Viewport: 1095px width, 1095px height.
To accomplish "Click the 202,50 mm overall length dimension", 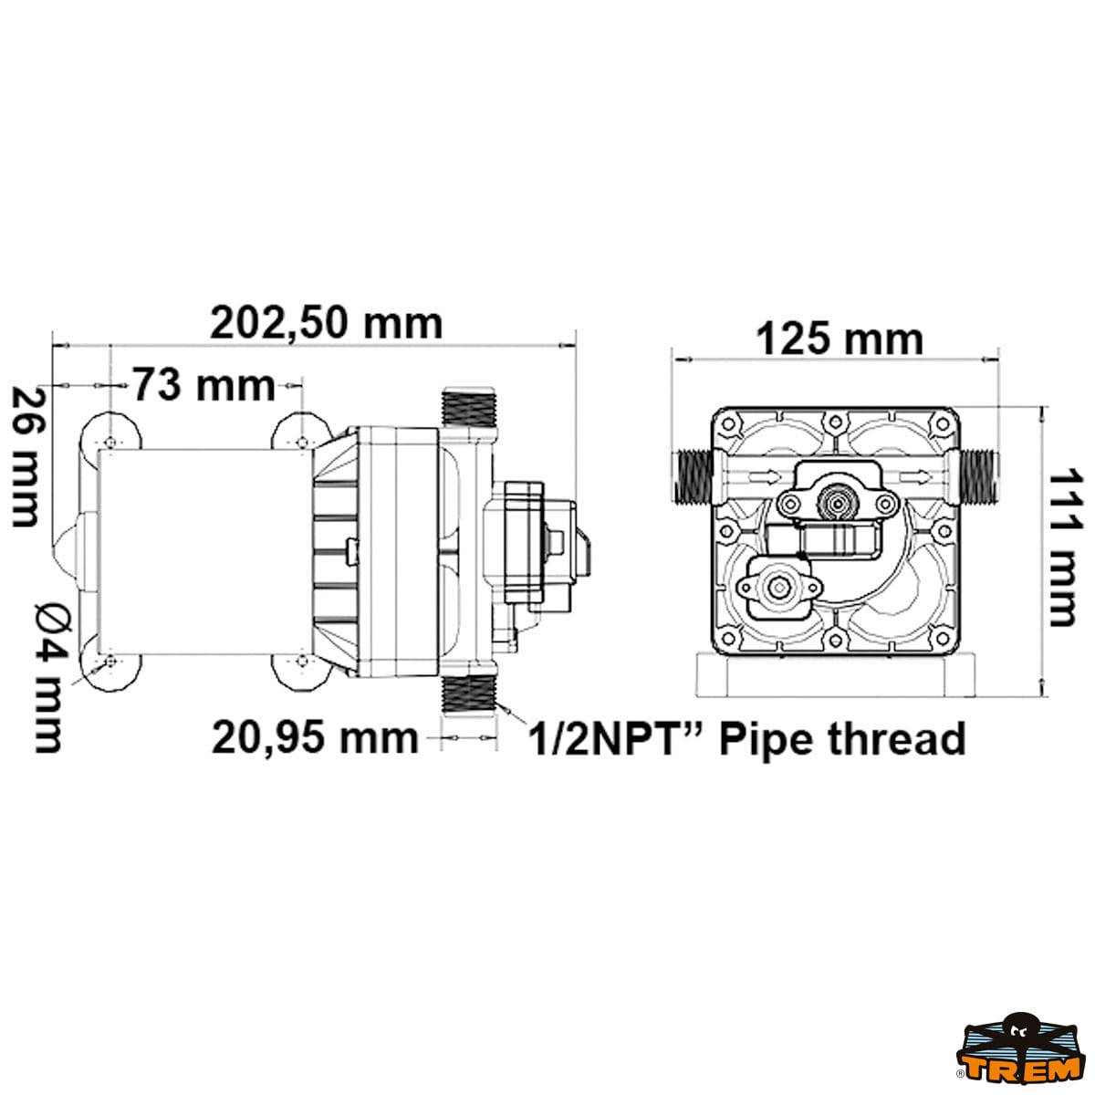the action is pos(326,325).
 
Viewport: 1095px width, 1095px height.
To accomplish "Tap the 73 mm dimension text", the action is pos(204,385).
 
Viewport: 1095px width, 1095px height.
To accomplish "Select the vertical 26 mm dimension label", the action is pos(26,456).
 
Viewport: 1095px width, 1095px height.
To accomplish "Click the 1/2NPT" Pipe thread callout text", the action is pos(747,739).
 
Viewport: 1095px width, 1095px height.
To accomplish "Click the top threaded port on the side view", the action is pos(469,407).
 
